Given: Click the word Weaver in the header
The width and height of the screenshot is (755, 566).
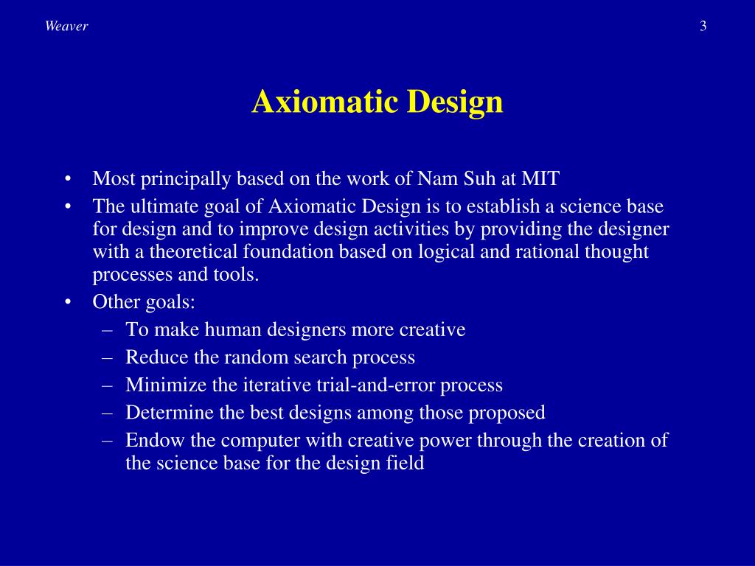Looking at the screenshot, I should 66,27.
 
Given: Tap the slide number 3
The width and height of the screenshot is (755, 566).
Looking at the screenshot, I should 703,27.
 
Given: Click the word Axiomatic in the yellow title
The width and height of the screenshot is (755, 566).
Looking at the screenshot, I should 323,102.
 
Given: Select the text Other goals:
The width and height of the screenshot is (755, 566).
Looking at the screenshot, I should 144,302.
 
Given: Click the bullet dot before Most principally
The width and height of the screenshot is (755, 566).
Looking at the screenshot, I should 68,180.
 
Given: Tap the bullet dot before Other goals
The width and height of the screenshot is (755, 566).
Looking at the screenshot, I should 68,303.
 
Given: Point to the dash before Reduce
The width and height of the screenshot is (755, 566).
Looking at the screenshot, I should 108,357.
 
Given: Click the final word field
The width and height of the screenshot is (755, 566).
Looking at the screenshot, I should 408,464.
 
